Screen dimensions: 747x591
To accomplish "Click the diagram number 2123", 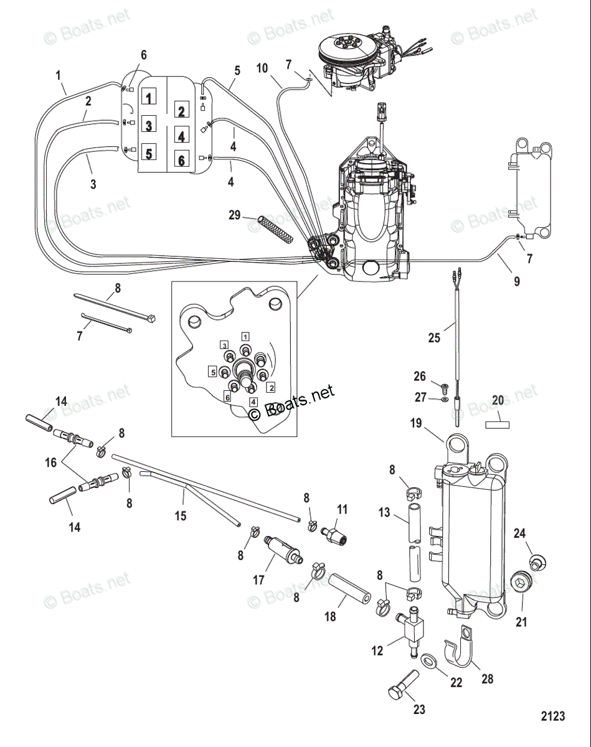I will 552,716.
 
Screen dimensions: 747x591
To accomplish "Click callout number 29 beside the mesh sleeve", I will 234,215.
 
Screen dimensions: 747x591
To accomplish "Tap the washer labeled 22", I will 429,659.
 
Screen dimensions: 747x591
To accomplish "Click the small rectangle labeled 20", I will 498,425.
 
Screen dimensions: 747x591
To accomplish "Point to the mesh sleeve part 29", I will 275,230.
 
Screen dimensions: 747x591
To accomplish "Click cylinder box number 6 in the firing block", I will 181,160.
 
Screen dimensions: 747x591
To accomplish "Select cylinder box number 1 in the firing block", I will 149,97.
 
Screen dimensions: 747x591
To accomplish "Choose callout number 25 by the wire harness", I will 433,338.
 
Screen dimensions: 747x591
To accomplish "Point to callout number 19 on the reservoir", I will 417,425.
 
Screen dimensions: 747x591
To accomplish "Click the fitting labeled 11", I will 335,533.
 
